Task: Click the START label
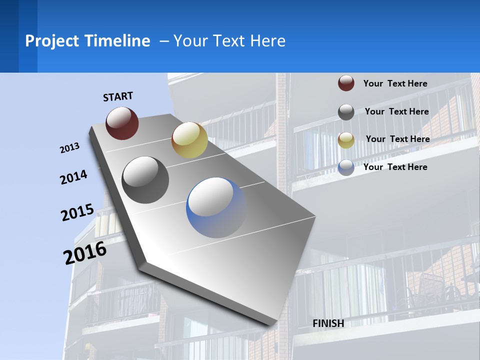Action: [x=118, y=96]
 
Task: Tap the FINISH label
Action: [x=328, y=323]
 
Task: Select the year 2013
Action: [x=69, y=148]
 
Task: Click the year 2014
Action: [x=73, y=177]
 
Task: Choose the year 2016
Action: [x=85, y=252]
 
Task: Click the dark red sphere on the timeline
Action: [x=122, y=123]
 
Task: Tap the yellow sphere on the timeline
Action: [x=189, y=140]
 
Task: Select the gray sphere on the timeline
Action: [x=145, y=180]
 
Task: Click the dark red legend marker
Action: [x=346, y=83]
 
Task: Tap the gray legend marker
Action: [x=346, y=112]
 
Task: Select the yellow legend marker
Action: [x=346, y=140]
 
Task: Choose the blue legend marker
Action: [x=346, y=167]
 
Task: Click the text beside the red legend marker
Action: [x=395, y=83]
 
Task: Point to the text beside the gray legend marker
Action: [x=396, y=111]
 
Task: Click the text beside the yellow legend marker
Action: [x=397, y=139]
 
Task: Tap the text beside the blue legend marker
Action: [x=395, y=167]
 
